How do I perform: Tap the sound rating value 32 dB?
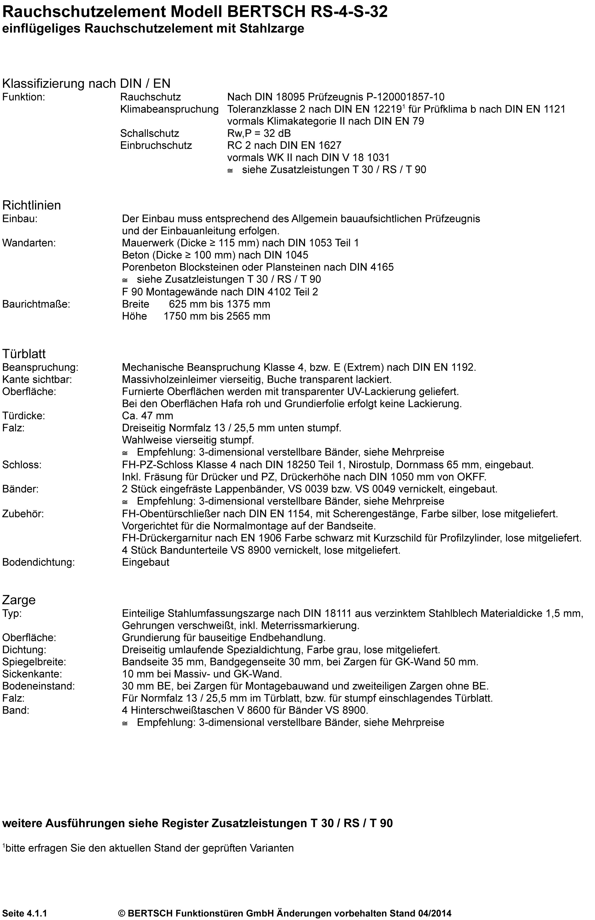[277, 133]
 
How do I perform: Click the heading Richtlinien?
[32, 205]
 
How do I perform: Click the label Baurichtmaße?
[36, 304]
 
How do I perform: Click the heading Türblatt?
[24, 354]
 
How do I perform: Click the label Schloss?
[22, 465]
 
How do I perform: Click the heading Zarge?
[19, 600]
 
